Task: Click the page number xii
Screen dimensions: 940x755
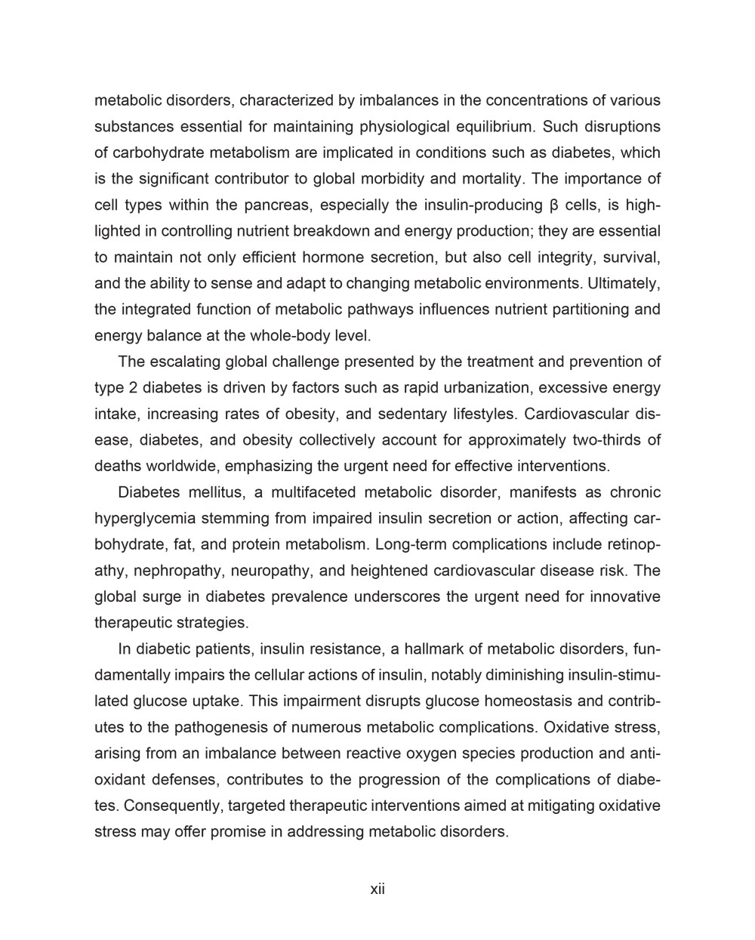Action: [377, 889]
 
